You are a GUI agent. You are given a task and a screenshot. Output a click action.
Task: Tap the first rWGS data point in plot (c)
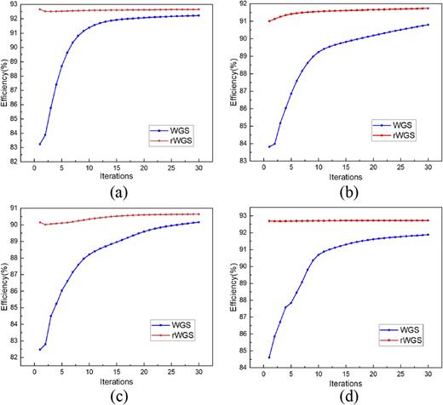(x=39, y=222)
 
